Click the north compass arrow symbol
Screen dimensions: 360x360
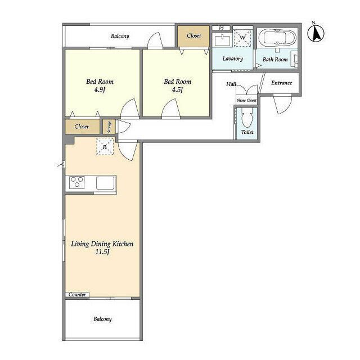coord(316,33)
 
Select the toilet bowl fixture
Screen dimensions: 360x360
coord(247,117)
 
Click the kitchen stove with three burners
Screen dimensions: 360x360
coord(77,182)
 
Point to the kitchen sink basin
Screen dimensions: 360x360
coord(105,183)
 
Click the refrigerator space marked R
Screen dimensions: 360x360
coord(105,146)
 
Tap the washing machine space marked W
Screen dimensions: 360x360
coord(242,38)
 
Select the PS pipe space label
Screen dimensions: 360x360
coord(221,28)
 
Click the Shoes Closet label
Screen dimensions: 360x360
coord(246,100)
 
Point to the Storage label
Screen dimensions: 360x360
coord(109,127)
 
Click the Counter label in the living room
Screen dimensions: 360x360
coord(77,295)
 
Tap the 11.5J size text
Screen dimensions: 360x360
coord(102,252)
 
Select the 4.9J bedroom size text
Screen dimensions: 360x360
coord(100,89)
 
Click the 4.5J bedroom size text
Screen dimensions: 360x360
coord(178,89)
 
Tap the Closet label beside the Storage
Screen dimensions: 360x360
coord(82,127)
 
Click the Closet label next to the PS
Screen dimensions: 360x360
coord(194,35)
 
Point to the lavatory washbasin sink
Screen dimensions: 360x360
coord(223,40)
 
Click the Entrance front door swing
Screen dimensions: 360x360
coord(282,103)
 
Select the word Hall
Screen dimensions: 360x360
coord(231,84)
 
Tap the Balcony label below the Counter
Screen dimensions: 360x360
coord(102,319)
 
